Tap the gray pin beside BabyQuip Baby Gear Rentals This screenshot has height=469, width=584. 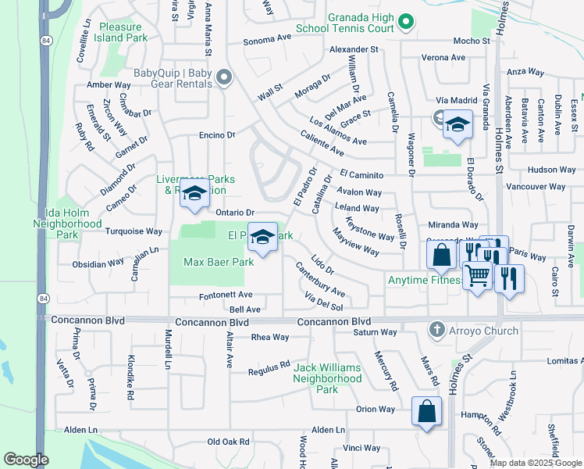224,77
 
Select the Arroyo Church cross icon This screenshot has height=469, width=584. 435,331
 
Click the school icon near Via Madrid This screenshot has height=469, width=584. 457,126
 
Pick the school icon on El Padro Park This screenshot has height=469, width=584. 263,237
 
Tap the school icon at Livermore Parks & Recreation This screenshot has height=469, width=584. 194,194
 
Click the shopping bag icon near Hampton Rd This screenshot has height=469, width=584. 427,411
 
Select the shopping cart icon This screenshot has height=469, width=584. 477,275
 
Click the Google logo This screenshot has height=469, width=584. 26,460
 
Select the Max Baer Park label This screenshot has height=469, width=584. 219,263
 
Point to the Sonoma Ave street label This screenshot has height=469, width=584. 266,39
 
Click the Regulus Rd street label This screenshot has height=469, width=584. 269,366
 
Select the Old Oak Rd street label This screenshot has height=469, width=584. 228,442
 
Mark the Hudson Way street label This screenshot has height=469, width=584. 551,170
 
